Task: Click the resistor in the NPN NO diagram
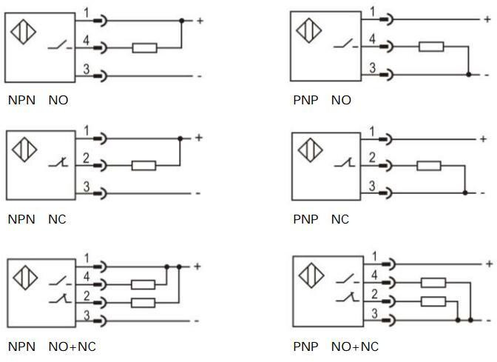(x=144, y=48)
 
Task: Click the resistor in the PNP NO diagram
(x=430, y=47)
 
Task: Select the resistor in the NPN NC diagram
(x=143, y=165)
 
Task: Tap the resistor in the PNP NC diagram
(x=428, y=165)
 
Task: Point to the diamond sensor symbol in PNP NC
(x=310, y=151)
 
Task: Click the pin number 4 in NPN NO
(x=86, y=41)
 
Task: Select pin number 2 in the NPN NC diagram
(x=86, y=158)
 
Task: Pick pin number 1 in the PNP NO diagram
(x=372, y=11)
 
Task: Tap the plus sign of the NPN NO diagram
(x=199, y=21)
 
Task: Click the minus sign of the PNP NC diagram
(x=484, y=192)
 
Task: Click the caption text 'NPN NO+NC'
(x=52, y=346)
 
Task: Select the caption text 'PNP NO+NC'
(x=336, y=346)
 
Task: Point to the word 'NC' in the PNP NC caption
(x=340, y=219)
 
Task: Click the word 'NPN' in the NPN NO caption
(x=21, y=100)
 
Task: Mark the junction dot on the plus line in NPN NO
(x=181, y=21)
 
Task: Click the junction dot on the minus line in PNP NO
(x=469, y=74)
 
